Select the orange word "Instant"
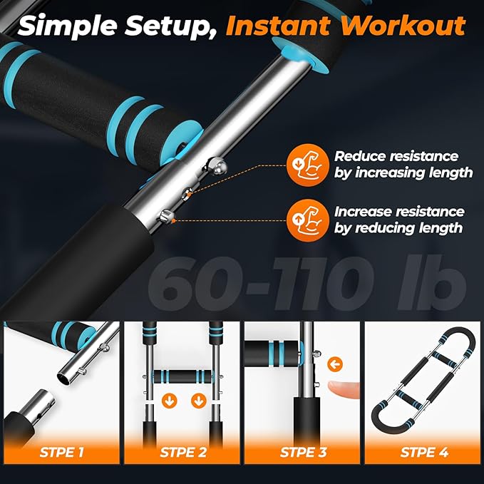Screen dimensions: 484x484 [275, 26]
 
